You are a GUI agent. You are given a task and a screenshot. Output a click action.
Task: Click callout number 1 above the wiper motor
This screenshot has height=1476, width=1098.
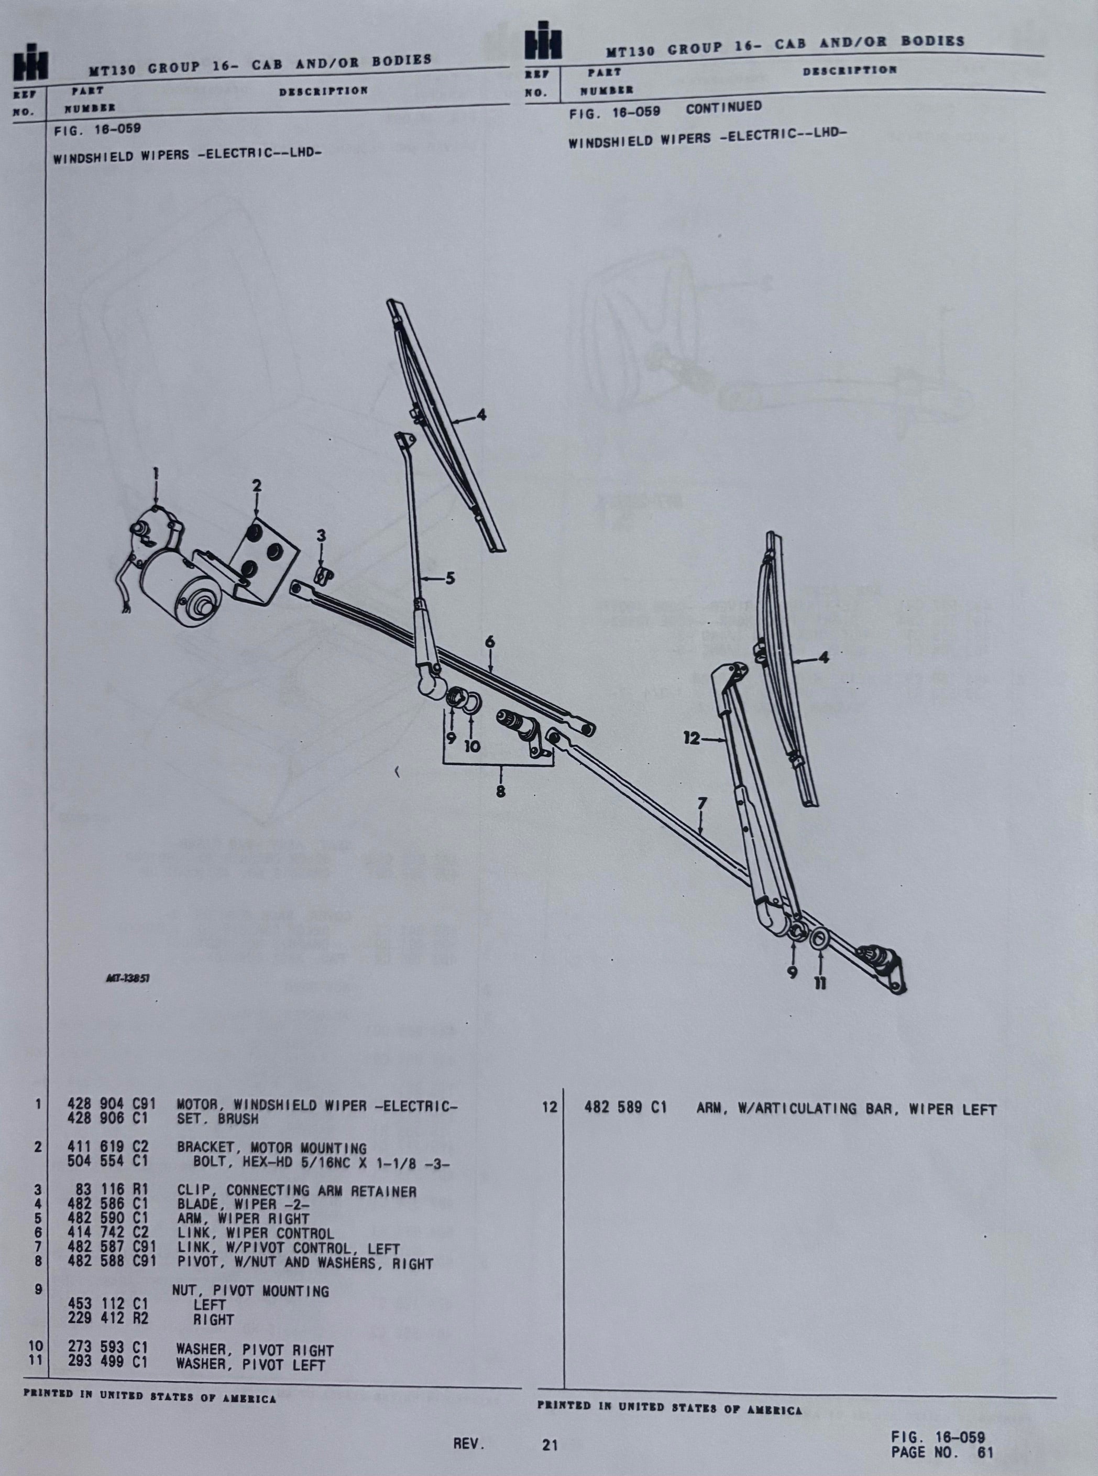point(156,474)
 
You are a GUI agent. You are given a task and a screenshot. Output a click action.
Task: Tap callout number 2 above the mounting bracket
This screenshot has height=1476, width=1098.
point(257,486)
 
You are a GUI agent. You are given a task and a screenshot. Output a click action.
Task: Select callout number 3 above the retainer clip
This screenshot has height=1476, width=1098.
point(321,535)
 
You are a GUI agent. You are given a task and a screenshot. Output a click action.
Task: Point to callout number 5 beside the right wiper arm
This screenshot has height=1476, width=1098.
point(450,578)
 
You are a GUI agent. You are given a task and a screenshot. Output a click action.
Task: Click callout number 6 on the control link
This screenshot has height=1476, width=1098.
point(490,642)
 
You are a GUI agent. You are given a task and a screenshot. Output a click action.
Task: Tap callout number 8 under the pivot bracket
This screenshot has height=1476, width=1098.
point(500,791)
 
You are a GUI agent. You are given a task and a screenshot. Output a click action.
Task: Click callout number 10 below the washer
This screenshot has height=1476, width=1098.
point(472,747)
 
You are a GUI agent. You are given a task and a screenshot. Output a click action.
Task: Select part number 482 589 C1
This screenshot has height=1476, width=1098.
point(625,1108)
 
